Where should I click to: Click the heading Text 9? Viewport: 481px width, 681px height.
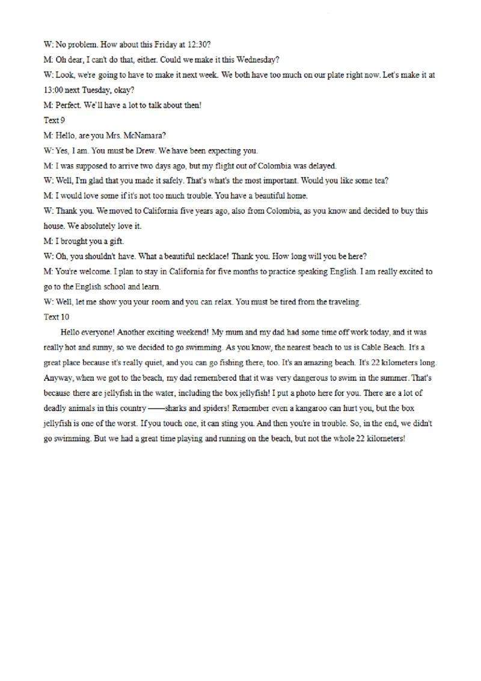coord(54,120)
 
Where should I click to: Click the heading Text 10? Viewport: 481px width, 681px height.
coord(57,317)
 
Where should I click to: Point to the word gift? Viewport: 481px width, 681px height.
coord(115,241)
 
